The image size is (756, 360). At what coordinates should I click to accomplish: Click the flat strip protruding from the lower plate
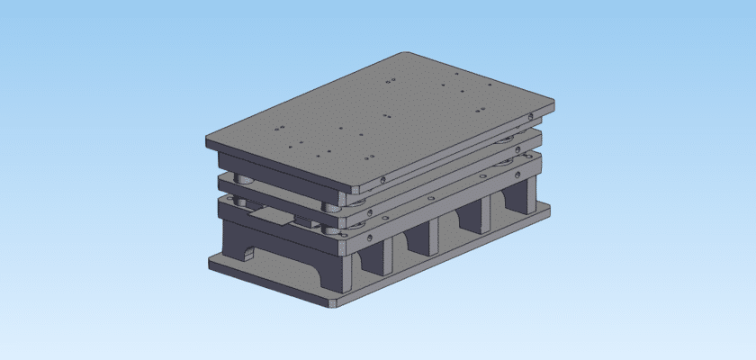pyautogui.click(x=270, y=217)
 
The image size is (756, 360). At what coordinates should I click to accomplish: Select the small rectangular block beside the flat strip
pyautogui.click(x=298, y=224)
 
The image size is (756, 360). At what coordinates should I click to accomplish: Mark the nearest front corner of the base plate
pyautogui.click(x=334, y=304)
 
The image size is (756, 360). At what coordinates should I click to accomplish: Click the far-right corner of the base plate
pyautogui.click(x=550, y=210)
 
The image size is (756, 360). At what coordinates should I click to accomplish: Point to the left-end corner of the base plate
pyautogui.click(x=210, y=262)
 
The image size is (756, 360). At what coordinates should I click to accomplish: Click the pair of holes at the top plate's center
pyautogui.click(x=387, y=116)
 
